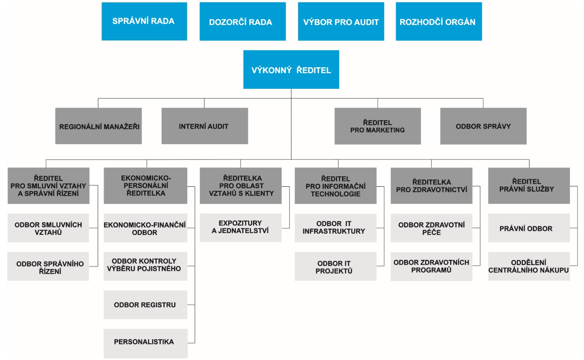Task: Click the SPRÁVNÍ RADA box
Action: (x=144, y=22)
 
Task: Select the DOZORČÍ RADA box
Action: (x=243, y=22)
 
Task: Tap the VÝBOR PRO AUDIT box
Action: (x=341, y=22)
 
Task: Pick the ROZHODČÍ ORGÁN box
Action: (x=439, y=22)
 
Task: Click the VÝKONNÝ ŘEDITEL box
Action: (x=291, y=70)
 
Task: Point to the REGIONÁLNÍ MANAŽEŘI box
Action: (x=98, y=126)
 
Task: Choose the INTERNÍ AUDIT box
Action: (x=205, y=126)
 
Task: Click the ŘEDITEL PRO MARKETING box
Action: (x=378, y=126)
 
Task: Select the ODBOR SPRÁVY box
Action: (x=483, y=126)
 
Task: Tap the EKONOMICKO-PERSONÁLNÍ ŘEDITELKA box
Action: (x=145, y=186)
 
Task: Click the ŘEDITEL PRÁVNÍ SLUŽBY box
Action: (x=529, y=186)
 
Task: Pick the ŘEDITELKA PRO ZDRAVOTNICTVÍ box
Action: (x=431, y=186)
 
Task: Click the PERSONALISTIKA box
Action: (x=145, y=343)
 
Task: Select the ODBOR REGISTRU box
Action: (x=145, y=305)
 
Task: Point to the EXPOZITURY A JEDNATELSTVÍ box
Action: (x=241, y=228)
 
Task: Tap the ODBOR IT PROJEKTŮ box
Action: (x=336, y=266)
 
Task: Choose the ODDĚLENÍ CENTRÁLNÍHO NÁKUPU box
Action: (x=529, y=266)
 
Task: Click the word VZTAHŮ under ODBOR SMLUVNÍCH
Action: (x=48, y=232)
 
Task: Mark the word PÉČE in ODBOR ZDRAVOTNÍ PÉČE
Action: (x=431, y=232)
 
